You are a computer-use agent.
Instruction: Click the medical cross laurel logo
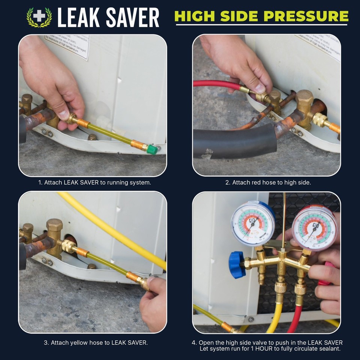point(39,17)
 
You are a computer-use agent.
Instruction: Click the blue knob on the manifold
point(237,265)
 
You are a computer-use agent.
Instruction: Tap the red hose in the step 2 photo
point(216,84)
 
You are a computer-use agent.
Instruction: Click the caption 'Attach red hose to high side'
point(268,183)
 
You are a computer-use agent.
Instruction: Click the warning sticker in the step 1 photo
point(67,46)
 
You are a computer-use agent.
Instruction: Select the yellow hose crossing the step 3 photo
point(112,229)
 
